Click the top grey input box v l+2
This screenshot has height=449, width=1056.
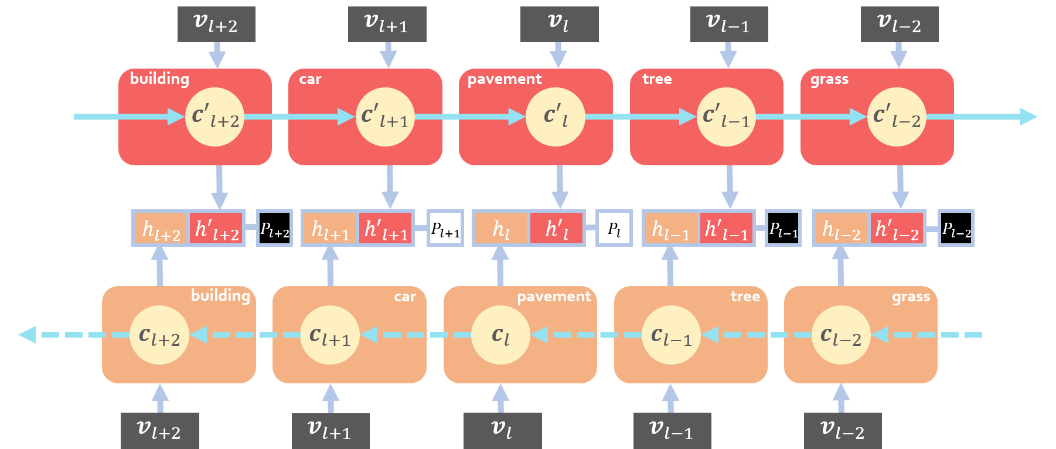pos(216,25)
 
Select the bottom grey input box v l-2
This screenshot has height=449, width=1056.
pos(842,431)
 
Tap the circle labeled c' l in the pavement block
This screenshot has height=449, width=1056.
pos(556,117)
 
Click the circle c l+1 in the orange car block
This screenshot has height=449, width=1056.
pos(330,335)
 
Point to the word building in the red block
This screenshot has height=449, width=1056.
pos(159,79)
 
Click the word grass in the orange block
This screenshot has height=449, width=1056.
pos(911,297)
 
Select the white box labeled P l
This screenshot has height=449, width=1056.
pos(614,228)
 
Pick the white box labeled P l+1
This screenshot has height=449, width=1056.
pos(445,228)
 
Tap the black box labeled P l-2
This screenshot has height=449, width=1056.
pos(956,228)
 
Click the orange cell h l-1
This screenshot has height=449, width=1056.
pos(670,229)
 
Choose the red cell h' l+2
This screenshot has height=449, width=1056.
pos(216,229)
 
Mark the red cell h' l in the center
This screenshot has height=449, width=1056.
pos(556,229)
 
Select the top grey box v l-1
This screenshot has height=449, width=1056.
pos(728,25)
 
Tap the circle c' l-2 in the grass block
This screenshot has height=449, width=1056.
pos(897,117)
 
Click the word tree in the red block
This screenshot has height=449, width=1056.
pos(657,79)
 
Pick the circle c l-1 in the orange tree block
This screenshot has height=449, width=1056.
pos(672,335)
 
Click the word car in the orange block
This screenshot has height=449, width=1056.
pos(404,297)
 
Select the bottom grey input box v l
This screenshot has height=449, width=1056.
pos(502,431)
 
